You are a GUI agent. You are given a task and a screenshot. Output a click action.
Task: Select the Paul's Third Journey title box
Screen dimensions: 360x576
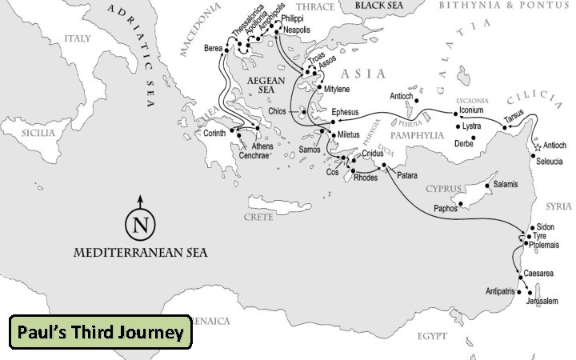click(100, 332)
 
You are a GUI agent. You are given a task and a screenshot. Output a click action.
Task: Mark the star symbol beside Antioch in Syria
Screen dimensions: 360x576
click(538, 146)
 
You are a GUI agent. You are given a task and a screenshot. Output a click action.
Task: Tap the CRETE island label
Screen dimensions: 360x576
click(259, 217)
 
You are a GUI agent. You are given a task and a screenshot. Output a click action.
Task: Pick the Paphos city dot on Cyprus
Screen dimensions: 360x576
click(461, 203)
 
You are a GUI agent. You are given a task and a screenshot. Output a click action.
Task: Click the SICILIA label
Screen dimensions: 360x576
click(38, 134)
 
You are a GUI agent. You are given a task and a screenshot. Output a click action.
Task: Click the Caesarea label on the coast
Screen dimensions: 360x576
click(538, 274)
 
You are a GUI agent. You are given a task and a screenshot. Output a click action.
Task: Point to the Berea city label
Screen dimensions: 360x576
click(214, 48)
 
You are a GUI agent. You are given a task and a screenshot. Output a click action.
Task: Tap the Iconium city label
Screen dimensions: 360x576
click(472, 110)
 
